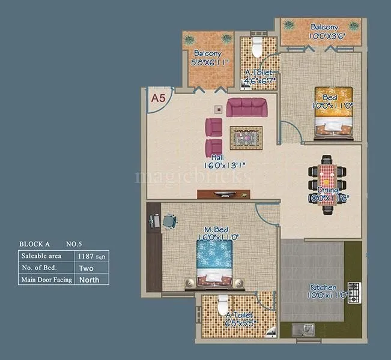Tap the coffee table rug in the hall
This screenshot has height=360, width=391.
click(246, 138)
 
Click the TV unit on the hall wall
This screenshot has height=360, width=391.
click(223, 194)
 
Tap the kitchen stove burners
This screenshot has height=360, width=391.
click(354, 292)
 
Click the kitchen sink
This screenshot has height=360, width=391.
click(302, 329)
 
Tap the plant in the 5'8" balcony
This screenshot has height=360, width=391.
click(226, 38)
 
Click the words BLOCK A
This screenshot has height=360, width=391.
click(35, 244)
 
